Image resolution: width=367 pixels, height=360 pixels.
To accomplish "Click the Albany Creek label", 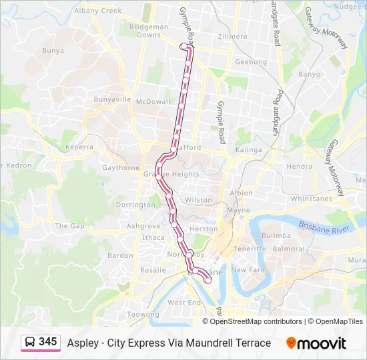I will (98, 11).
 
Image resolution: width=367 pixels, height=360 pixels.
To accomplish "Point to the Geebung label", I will (251, 62).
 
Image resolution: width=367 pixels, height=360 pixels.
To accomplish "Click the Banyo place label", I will (308, 75).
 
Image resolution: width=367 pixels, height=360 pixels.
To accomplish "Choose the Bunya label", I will (53, 50).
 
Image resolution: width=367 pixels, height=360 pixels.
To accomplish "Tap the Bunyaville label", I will (112, 99).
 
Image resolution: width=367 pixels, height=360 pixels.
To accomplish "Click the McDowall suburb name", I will (153, 102).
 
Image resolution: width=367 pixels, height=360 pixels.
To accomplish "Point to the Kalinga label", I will (249, 151).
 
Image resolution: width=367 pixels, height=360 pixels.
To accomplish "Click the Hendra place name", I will (298, 167).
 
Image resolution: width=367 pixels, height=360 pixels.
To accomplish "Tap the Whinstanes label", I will (311, 199).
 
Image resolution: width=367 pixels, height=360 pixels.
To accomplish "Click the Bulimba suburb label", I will (276, 235).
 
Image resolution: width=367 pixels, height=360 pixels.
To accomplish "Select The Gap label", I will (69, 226).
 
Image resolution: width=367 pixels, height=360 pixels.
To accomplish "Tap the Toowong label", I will (143, 314).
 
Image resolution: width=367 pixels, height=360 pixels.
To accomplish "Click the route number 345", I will (47, 342).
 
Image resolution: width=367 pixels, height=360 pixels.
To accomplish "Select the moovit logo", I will (316, 343).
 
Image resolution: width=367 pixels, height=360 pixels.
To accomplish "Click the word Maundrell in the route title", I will (194, 343).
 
